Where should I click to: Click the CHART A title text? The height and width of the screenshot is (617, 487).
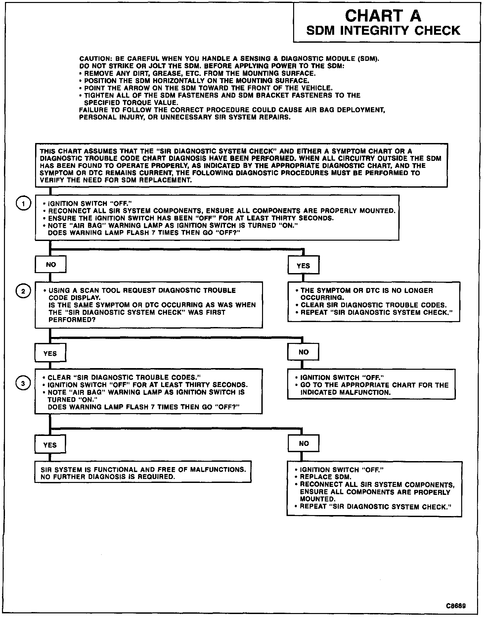383,16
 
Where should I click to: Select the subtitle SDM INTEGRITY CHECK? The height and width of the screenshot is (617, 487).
383,31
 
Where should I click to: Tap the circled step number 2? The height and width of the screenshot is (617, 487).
23,291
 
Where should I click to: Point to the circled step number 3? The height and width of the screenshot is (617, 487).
23,383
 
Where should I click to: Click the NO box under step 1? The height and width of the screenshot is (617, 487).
51,265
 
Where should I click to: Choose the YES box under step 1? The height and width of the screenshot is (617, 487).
303,265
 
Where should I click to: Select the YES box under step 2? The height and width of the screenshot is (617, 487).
50,353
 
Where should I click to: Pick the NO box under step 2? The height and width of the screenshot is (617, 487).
303,352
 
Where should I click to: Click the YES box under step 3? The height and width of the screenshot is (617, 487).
50,445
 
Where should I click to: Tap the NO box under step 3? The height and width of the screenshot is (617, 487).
303,444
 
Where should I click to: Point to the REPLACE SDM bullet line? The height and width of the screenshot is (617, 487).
326,477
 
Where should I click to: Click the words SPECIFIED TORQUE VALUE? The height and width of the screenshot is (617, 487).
131,103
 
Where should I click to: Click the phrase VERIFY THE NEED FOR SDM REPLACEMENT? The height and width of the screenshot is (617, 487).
116,180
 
